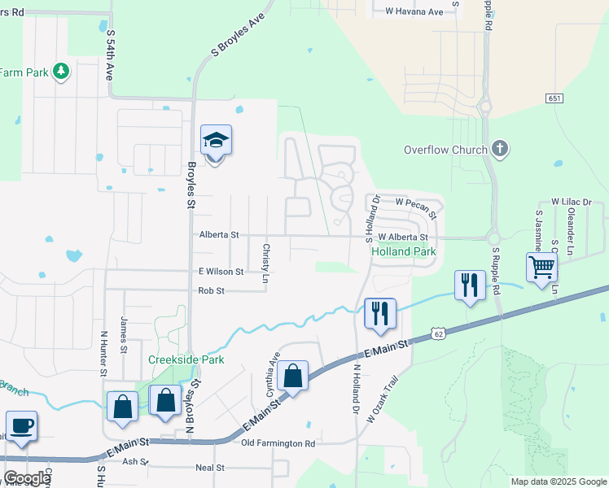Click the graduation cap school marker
point(216,142)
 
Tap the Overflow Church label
point(445,150)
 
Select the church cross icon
point(500,149)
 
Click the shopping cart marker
point(541,266)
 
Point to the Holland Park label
point(404,252)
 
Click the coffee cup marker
point(21,425)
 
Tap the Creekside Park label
point(186,359)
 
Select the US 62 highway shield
point(438,333)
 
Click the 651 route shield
point(554,98)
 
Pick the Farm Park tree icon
point(60,72)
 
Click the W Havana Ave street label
point(414,11)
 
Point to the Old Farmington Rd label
point(278,443)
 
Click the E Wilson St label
point(221,271)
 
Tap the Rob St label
point(211,290)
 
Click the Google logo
point(27,477)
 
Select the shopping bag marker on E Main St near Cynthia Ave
point(292,376)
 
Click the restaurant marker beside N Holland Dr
point(379,314)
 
